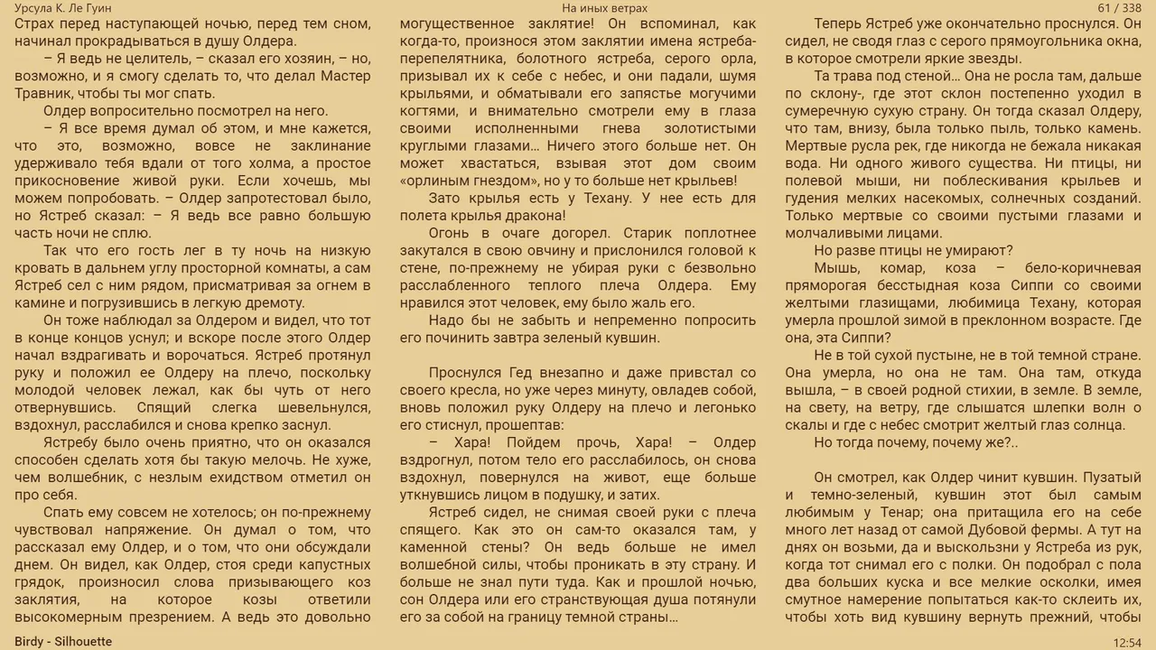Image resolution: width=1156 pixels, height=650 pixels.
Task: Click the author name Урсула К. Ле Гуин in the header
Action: click(63, 8)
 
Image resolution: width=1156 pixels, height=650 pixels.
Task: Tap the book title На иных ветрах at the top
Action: click(604, 8)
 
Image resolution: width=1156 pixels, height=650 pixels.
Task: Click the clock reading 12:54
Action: click(1127, 642)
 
